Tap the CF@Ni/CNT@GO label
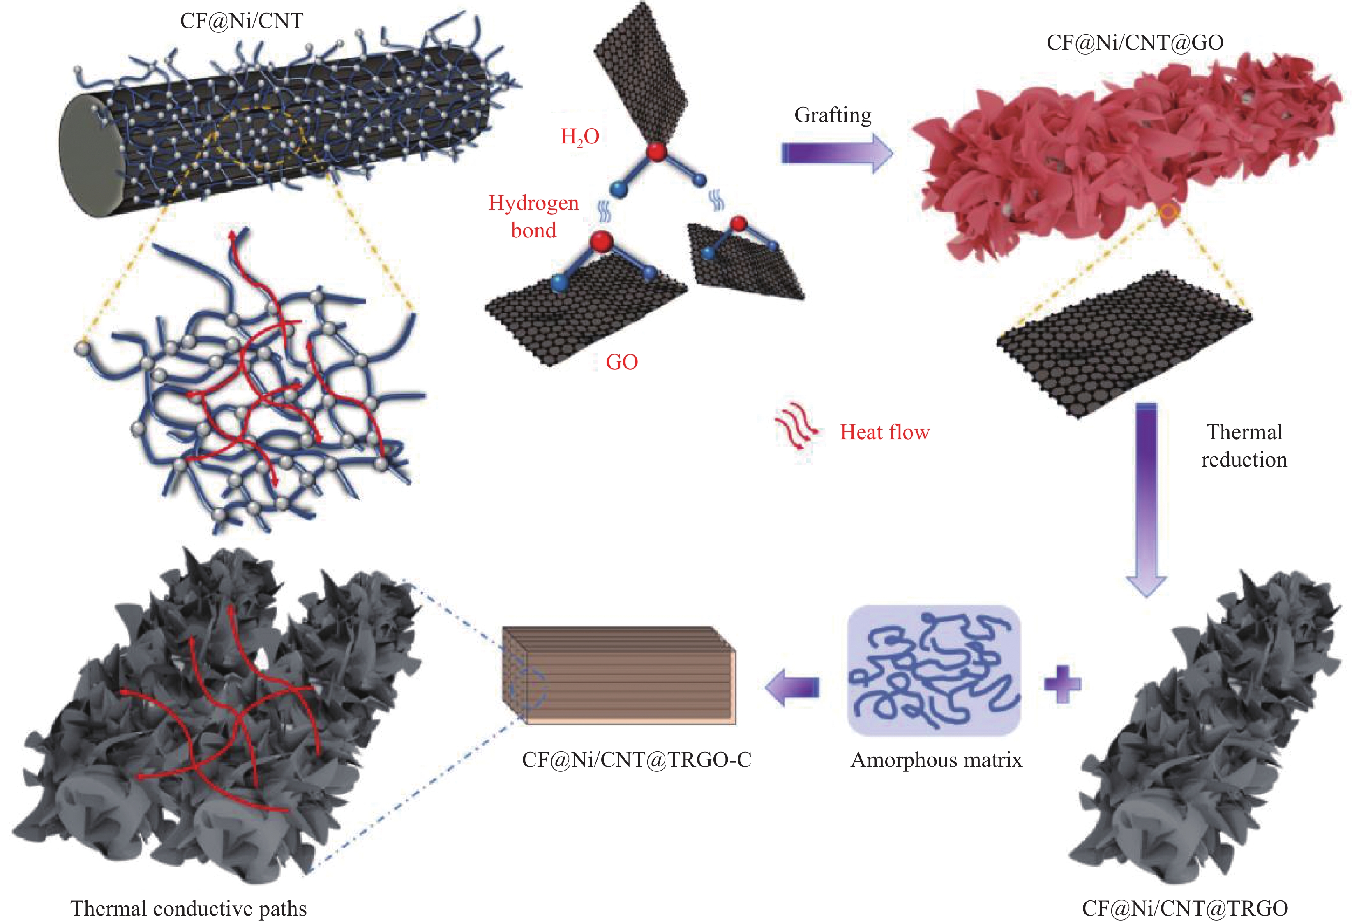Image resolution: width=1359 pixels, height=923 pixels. coord(1135,43)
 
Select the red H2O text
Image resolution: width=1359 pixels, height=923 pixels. coord(579,137)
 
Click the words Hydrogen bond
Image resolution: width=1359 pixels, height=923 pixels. coord(533,216)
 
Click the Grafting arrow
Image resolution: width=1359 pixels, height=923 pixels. coord(836,153)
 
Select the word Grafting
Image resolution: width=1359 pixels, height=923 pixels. coord(833,115)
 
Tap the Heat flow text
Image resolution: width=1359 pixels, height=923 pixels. coord(884,433)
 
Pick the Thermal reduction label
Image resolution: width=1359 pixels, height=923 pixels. coord(1244,445)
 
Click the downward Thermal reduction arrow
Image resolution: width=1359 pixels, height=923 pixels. coord(1146,497)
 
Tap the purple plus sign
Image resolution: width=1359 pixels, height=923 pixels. coord(1062,684)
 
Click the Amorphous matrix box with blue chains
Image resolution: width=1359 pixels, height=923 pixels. coord(933,670)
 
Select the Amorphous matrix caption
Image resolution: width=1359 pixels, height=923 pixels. coord(936,760)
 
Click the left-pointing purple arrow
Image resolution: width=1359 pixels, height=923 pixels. coord(792,687)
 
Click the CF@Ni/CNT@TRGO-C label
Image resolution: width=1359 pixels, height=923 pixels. coord(636,760)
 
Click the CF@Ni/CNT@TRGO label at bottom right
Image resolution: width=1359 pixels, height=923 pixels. coord(1185,908)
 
